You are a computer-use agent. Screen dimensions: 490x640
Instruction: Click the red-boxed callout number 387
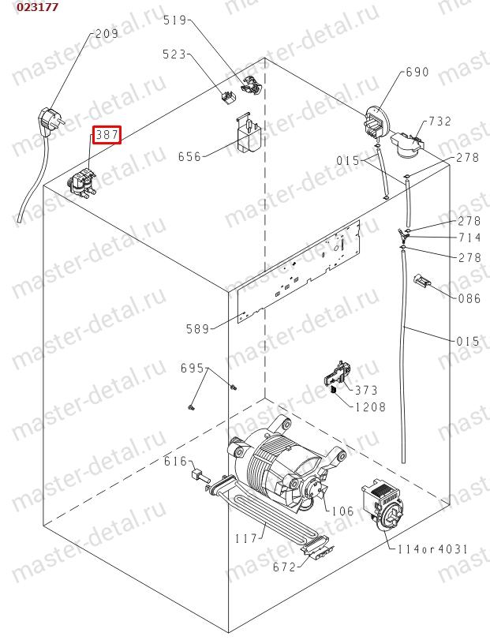pyautogui.click(x=107, y=134)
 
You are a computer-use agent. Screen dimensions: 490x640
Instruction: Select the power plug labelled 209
pyautogui.click(x=49, y=121)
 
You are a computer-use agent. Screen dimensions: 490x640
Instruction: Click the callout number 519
pyautogui.click(x=174, y=20)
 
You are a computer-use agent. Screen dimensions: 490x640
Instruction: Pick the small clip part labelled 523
pyautogui.click(x=229, y=98)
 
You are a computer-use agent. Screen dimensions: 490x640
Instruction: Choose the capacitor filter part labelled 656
pyautogui.click(x=249, y=133)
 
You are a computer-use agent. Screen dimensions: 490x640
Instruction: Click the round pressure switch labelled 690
pyautogui.click(x=375, y=122)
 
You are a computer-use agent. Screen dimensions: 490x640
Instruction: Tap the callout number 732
pyautogui.click(x=440, y=122)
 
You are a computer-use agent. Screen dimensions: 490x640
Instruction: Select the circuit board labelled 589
pyautogui.click(x=298, y=271)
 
